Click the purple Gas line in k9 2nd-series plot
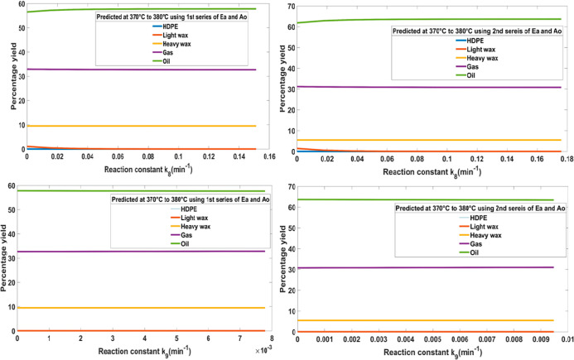431,267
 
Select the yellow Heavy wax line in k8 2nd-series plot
431,140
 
